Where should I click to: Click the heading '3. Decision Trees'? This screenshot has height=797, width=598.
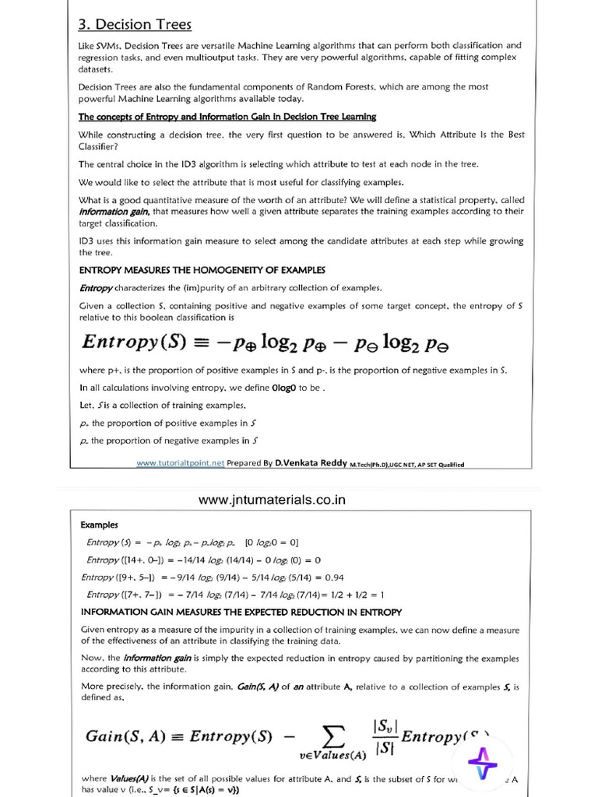click(x=135, y=25)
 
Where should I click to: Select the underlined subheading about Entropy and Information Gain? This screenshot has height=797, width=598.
click(x=227, y=117)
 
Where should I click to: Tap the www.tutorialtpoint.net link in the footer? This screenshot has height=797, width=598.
click(x=180, y=463)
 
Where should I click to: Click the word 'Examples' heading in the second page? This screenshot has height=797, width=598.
click(x=100, y=525)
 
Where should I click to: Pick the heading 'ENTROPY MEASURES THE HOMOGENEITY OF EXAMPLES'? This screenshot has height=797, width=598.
click(x=202, y=270)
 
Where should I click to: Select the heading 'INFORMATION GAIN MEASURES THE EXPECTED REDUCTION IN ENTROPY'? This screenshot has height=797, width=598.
click(x=241, y=611)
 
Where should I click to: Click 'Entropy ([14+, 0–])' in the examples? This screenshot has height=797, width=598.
click(x=125, y=560)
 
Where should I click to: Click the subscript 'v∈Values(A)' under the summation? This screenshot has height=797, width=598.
click(x=332, y=755)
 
